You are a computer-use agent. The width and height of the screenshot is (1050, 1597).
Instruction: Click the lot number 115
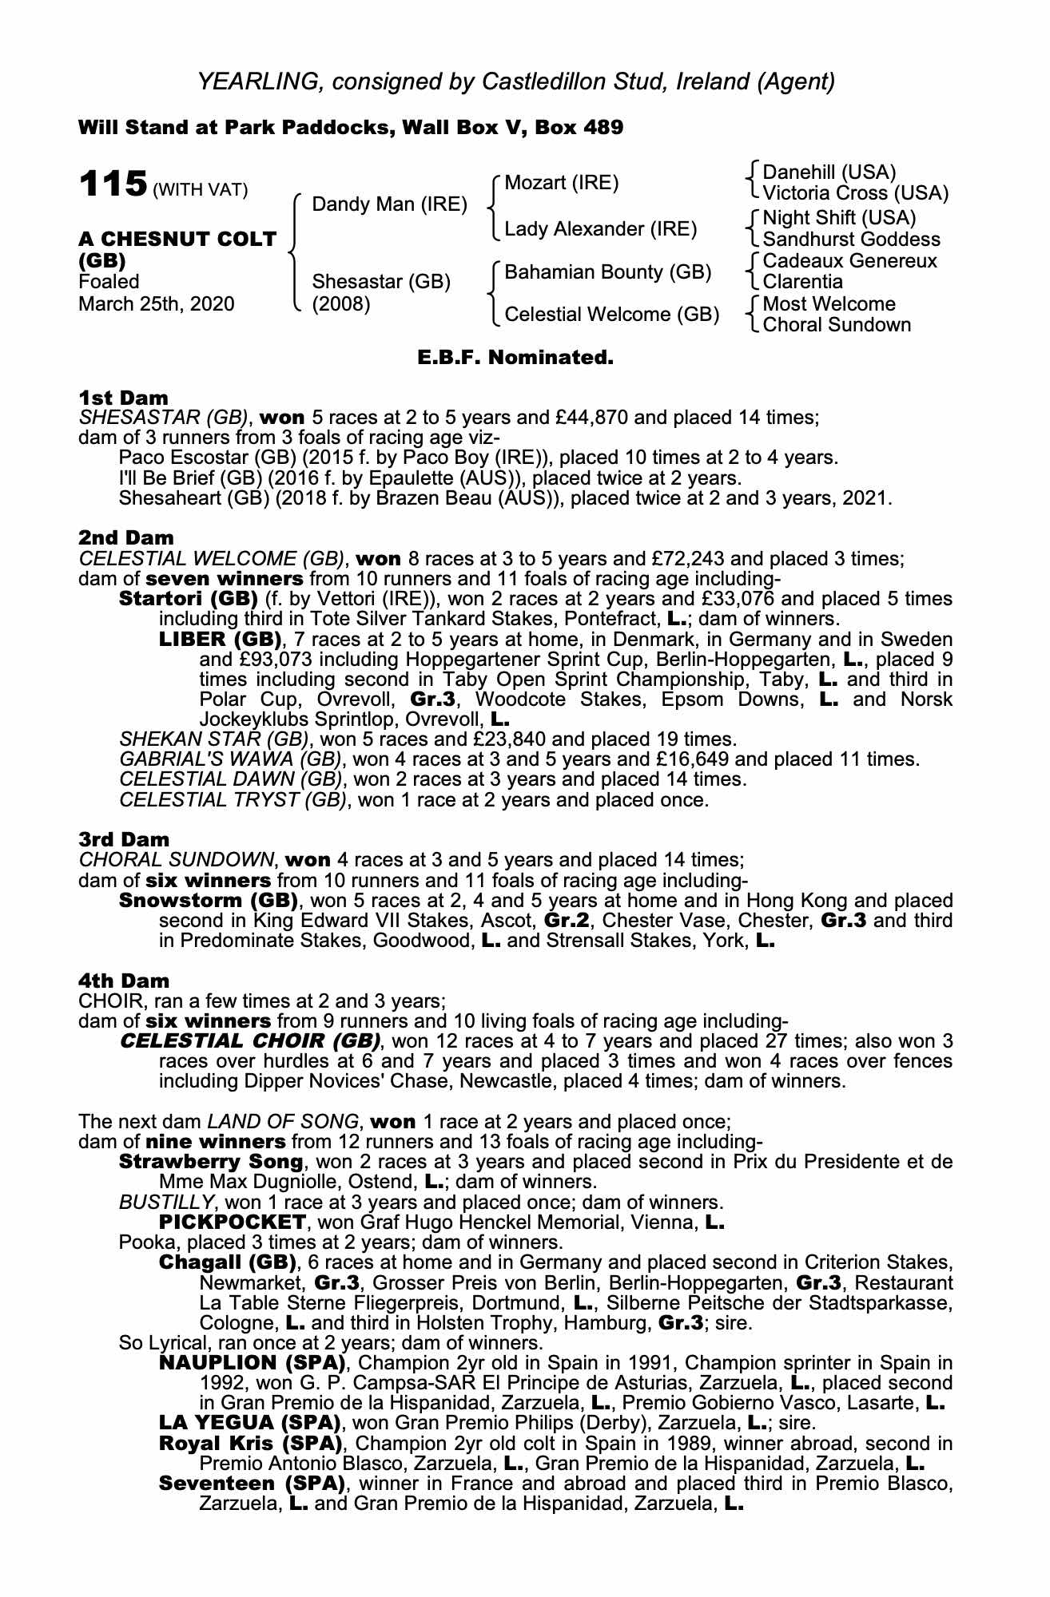(112, 185)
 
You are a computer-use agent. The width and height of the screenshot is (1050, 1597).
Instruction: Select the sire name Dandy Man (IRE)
(389, 204)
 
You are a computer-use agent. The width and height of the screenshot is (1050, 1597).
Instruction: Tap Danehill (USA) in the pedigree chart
(829, 172)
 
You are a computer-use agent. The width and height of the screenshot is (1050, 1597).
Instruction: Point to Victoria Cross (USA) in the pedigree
(855, 193)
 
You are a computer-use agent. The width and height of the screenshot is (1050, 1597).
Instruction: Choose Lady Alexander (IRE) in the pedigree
(600, 230)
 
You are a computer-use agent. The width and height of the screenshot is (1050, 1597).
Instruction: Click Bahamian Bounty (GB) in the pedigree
(607, 272)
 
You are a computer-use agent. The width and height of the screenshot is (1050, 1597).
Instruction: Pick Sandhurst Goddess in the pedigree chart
(851, 240)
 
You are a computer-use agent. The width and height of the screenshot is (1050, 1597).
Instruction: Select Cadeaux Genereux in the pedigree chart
(849, 261)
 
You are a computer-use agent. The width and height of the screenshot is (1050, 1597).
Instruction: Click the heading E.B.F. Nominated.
(515, 358)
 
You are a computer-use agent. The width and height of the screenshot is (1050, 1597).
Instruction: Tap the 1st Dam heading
(124, 398)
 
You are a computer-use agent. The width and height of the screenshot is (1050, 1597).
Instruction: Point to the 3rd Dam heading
(124, 839)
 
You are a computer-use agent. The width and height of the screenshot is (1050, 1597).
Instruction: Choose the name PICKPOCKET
(233, 1223)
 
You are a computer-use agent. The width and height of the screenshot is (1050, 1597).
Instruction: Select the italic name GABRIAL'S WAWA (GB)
(233, 759)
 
